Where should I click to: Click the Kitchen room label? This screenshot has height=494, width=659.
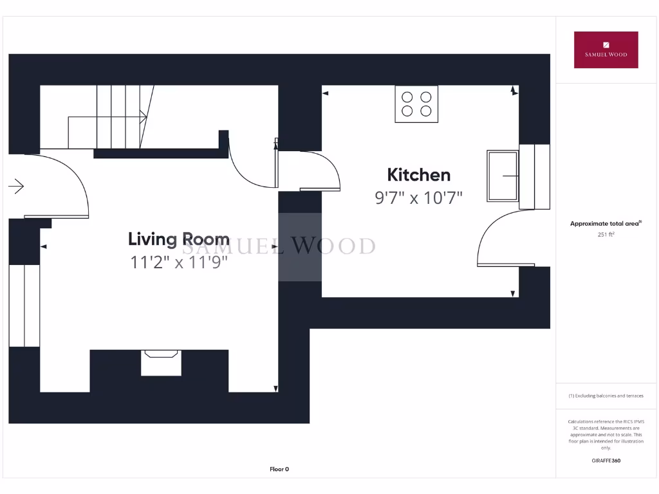(418, 174)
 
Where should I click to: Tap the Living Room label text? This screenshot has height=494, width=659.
(178, 239)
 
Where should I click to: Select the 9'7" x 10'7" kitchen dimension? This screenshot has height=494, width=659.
(419, 197)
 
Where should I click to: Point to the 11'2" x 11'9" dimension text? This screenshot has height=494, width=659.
(178, 262)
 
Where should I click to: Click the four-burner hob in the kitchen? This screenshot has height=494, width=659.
(416, 104)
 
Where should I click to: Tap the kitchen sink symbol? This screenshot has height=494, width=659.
(503, 175)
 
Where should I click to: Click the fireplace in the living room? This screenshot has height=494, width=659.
(161, 362)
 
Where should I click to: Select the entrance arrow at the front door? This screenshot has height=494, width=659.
(16, 187)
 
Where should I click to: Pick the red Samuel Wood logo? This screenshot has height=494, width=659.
(606, 50)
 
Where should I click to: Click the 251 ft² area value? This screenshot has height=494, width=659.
(606, 235)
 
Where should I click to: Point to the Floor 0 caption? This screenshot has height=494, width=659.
(279, 469)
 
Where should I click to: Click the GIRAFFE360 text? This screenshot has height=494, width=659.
(606, 461)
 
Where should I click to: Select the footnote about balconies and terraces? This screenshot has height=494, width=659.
(606, 396)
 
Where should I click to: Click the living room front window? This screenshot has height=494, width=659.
(24, 305)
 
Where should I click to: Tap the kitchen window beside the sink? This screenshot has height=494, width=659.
(534, 177)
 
